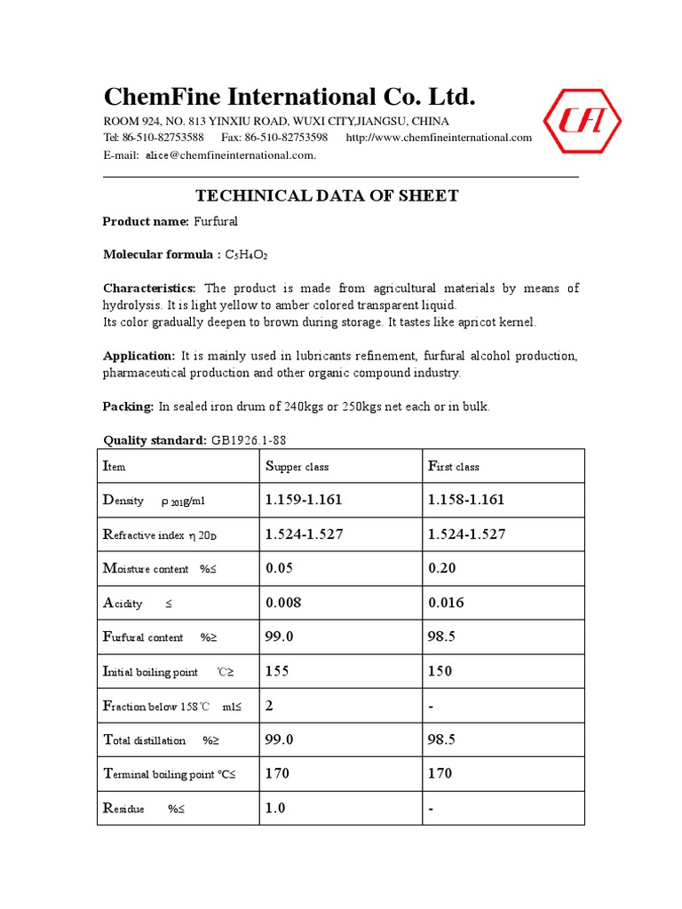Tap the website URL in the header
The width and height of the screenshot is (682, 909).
pyautogui.click(x=439, y=138)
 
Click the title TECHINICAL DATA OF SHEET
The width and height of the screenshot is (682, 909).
pyautogui.click(x=327, y=196)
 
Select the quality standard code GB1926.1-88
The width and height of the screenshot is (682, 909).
pyautogui.click(x=249, y=440)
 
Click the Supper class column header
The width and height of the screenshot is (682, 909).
pyautogui.click(x=297, y=466)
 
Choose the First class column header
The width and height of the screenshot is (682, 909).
pyautogui.click(x=454, y=466)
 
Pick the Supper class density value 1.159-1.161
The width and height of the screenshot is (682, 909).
pyautogui.click(x=303, y=500)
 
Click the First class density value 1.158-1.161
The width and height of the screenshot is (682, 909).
pyautogui.click(x=465, y=500)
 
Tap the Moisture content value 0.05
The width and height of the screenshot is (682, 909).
pyautogui.click(x=280, y=568)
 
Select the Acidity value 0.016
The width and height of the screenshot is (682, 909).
pyautogui.click(x=446, y=603)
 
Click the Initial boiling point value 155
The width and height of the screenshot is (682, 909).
pyautogui.click(x=277, y=671)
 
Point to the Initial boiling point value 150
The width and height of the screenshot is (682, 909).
pyautogui.click(x=440, y=671)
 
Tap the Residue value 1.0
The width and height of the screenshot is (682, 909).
pyautogui.click(x=275, y=808)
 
